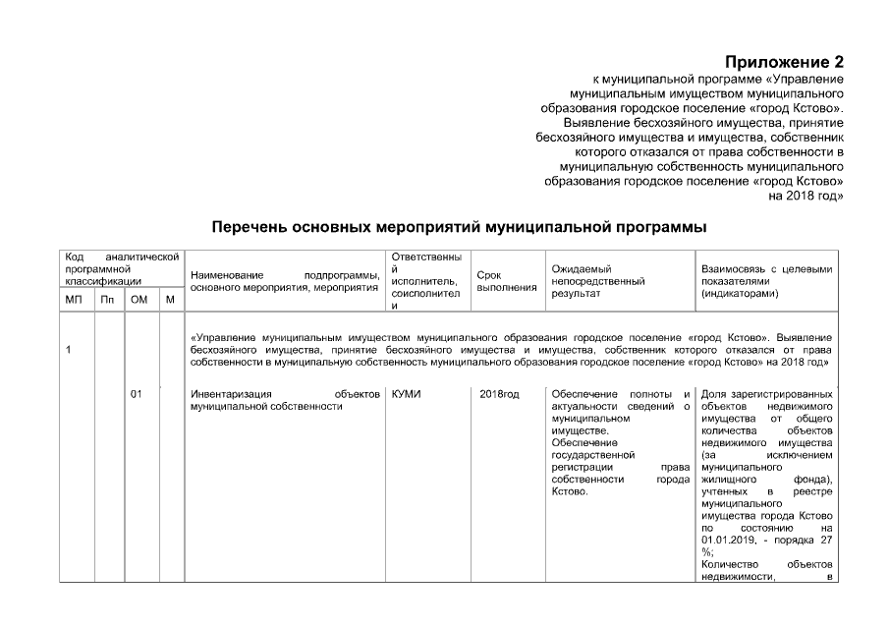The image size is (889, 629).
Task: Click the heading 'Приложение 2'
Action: coord(784,64)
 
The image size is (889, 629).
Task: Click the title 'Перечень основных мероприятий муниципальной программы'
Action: coord(460,227)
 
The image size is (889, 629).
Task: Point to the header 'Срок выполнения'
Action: coord(506,281)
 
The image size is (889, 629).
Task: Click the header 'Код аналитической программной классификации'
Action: coord(121,268)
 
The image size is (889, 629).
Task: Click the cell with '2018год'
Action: coord(499,394)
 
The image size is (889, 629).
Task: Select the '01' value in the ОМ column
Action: coord(137,394)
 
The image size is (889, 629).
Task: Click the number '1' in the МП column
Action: coord(68,351)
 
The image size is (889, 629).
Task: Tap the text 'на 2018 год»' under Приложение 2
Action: coord(806,196)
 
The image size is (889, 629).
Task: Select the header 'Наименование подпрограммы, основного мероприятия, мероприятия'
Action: coord(285,281)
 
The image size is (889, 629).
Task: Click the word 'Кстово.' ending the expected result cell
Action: coord(570,491)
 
